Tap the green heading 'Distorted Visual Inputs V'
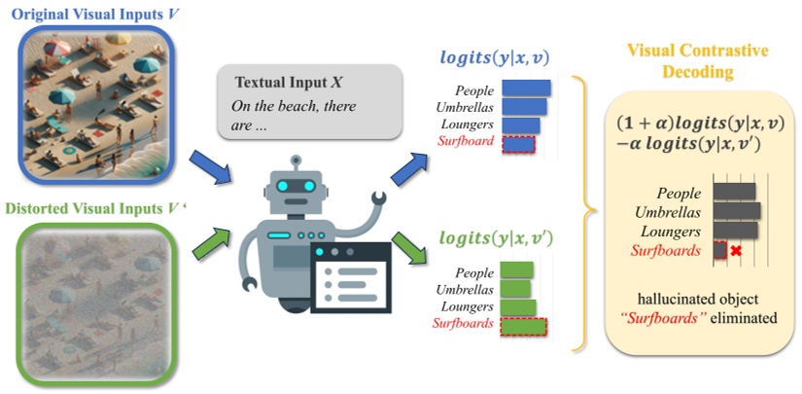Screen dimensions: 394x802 pyautogui.click(x=93, y=207)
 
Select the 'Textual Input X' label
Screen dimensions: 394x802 pyautogui.click(x=284, y=82)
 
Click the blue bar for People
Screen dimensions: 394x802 pyautogui.click(x=526, y=89)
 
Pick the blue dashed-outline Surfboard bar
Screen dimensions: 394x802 pyautogui.click(x=515, y=143)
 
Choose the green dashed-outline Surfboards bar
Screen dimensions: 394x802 pyautogui.click(x=524, y=325)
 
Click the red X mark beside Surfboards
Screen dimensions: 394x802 pyautogui.click(x=736, y=251)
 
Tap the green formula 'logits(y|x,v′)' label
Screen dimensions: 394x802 pyautogui.click(x=495, y=237)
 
